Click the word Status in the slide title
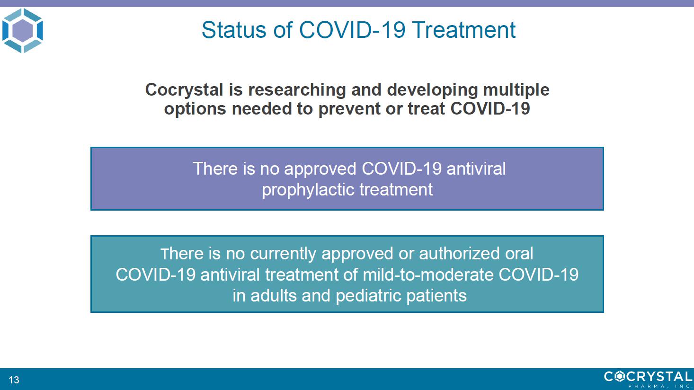point(233,30)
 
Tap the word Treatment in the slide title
point(463,30)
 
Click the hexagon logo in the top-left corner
point(23,31)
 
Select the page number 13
point(14,380)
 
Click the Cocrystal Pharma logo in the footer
point(648,379)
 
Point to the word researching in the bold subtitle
point(297,90)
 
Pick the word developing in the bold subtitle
point(432,90)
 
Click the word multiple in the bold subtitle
point(516,90)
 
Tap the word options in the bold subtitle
point(195,109)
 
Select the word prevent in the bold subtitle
point(349,109)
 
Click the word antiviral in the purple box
point(476,169)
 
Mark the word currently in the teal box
point(283,254)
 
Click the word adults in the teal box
point(273,295)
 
